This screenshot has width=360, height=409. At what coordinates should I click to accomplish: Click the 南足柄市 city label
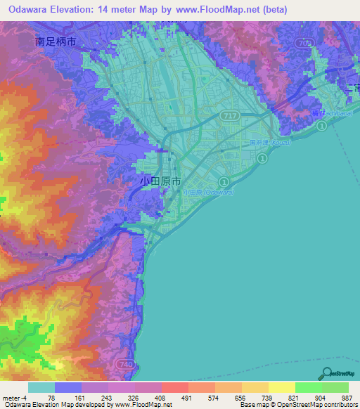56,42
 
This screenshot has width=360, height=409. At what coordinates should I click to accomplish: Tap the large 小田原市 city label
160,181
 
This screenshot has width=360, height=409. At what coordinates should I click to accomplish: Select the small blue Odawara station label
207,192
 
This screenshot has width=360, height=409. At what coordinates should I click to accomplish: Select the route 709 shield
303,43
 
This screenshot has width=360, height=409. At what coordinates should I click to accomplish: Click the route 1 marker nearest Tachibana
321,125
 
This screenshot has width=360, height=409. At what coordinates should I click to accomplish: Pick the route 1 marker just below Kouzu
262,160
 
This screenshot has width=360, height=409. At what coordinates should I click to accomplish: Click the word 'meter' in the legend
12,397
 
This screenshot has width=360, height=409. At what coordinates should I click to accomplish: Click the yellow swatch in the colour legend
281,387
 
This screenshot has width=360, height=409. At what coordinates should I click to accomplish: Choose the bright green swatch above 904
308,387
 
